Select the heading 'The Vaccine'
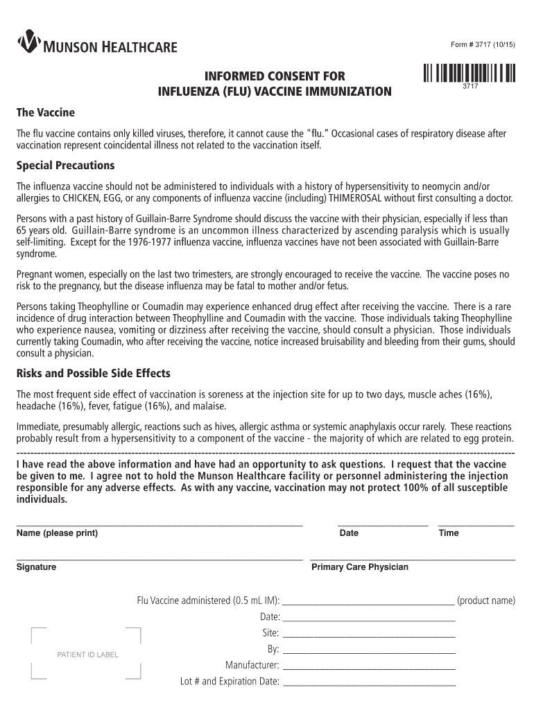pos(46,112)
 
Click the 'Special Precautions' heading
pos(65,166)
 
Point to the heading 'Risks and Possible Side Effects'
pos(93,374)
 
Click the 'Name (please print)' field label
pos(57,533)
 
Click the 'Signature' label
pos(36,567)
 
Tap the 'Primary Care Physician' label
pos(360,567)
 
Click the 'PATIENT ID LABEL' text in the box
pos(87,655)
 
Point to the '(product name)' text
pos(486,600)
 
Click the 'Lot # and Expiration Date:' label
pos(230,681)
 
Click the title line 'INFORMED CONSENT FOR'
pos(275,76)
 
